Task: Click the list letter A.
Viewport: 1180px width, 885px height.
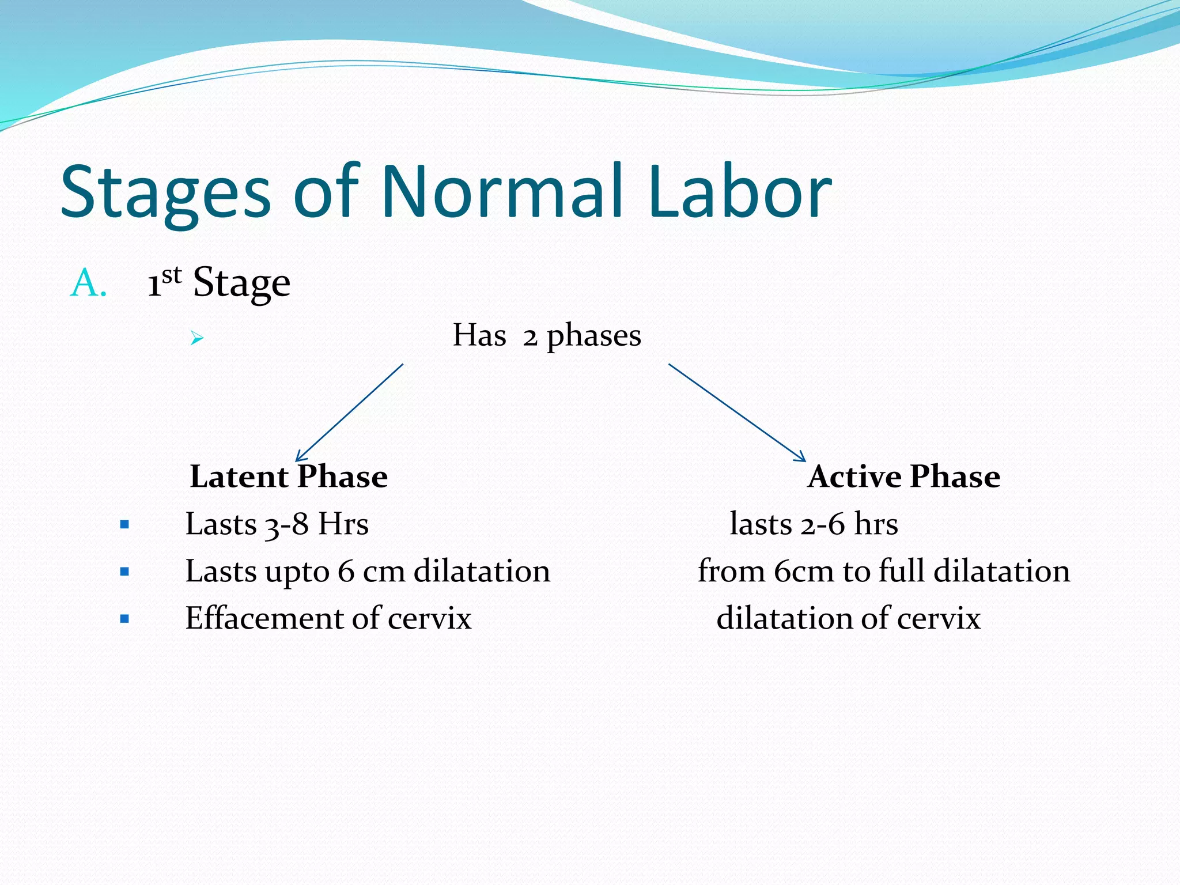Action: coord(88,283)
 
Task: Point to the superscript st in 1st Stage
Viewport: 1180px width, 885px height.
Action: coord(171,275)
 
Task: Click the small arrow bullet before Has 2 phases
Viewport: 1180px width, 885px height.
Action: coord(197,338)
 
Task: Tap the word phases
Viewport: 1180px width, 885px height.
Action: coord(593,336)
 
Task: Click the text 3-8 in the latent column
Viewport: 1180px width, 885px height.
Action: coord(286,525)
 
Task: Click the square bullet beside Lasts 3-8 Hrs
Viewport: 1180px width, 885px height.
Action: coord(124,525)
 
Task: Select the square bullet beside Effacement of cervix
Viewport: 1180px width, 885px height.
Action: coord(124,619)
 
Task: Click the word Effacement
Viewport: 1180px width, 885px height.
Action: coord(264,618)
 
